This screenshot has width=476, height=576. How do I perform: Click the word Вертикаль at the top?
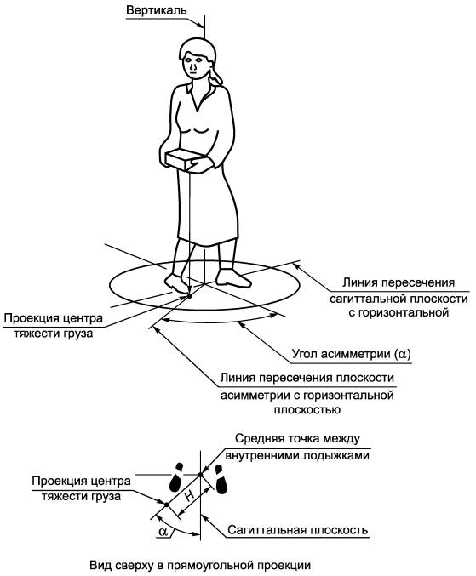156,10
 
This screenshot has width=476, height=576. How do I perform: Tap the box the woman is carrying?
184,160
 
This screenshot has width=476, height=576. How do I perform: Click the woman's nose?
192,67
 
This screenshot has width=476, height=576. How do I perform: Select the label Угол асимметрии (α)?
352,354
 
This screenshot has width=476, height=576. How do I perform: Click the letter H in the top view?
189,496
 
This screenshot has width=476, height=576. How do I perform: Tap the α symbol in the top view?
163,531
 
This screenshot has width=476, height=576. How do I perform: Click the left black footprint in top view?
176,477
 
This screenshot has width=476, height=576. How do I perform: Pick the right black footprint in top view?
219,479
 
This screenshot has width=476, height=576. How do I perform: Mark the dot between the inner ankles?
200,475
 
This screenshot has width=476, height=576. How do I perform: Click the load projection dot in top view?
167,505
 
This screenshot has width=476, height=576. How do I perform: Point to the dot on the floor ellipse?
189,296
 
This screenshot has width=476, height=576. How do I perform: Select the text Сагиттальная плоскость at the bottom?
298,530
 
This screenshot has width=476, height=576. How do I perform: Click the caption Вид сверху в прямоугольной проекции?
200,565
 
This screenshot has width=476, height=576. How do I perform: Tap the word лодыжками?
335,455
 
